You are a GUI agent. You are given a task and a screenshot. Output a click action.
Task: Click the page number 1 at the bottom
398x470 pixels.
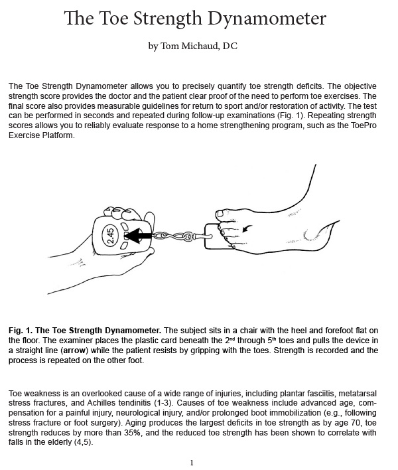pos(191,462)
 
